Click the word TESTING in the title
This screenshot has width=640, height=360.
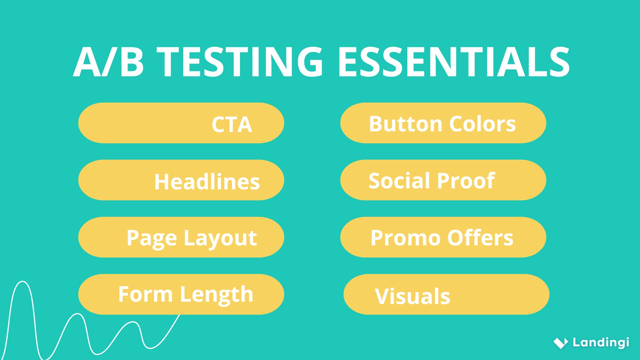click(x=240, y=62)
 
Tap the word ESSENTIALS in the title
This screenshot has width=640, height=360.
click(x=453, y=62)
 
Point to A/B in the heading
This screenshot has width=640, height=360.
click(x=109, y=62)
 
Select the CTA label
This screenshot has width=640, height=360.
click(x=232, y=125)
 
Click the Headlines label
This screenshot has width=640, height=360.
click(x=207, y=182)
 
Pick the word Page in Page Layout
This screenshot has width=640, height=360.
click(x=152, y=239)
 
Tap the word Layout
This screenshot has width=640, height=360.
click(x=220, y=239)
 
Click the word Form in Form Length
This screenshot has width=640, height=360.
click(x=145, y=295)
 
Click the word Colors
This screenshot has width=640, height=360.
click(x=482, y=124)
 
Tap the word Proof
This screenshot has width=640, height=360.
click(x=466, y=181)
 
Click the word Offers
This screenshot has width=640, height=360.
click(x=480, y=238)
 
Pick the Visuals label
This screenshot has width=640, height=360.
click(x=413, y=296)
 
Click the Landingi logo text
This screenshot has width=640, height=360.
click(x=601, y=342)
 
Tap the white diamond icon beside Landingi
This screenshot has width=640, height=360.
click(x=561, y=343)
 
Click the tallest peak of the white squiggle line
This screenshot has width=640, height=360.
click(x=23, y=282)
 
